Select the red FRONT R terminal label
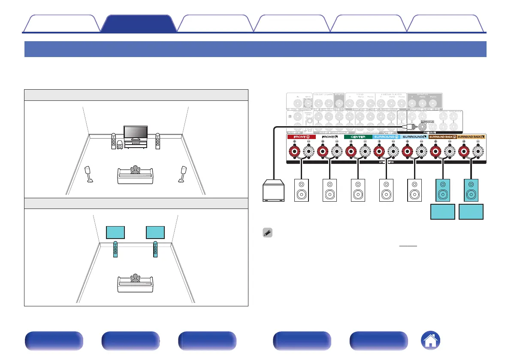point(301,136)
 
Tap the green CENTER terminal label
point(358,136)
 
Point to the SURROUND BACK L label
point(471,136)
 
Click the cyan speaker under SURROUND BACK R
point(443,190)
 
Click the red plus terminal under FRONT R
point(294,152)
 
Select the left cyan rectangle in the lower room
point(115,232)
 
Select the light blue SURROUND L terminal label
point(414,136)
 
